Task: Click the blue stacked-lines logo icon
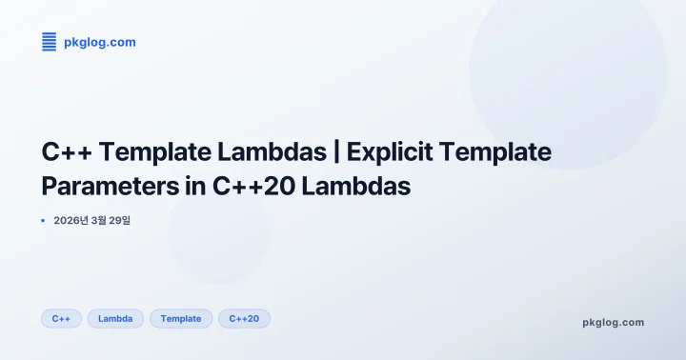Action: click(49, 41)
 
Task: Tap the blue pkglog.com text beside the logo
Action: click(99, 42)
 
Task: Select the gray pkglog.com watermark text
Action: click(613, 322)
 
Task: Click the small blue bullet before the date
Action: click(43, 220)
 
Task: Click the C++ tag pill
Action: click(61, 318)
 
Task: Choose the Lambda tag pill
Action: click(115, 318)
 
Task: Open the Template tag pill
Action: click(181, 318)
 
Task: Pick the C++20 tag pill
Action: click(244, 318)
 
